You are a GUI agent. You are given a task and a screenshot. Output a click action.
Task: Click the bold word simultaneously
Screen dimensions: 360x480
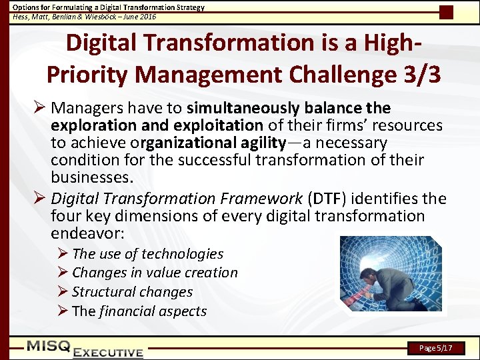tap(244, 108)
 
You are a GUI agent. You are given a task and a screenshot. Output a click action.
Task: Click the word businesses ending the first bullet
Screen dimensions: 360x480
tap(91, 178)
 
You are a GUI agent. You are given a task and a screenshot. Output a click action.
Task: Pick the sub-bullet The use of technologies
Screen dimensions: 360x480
tap(147, 254)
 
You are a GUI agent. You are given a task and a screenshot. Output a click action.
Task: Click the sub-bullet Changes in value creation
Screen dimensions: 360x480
tap(154, 273)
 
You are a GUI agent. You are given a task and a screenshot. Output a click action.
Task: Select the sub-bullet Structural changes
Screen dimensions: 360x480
tap(132, 292)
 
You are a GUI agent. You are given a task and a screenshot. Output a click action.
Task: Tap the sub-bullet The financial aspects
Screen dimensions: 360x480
tap(139, 311)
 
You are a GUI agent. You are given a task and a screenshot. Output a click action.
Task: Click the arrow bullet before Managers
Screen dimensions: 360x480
tap(39, 108)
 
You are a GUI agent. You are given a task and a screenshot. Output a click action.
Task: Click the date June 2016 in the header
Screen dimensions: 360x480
tap(138, 17)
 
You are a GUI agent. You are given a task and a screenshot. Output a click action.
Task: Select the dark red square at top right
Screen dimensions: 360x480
tap(446, 12)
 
